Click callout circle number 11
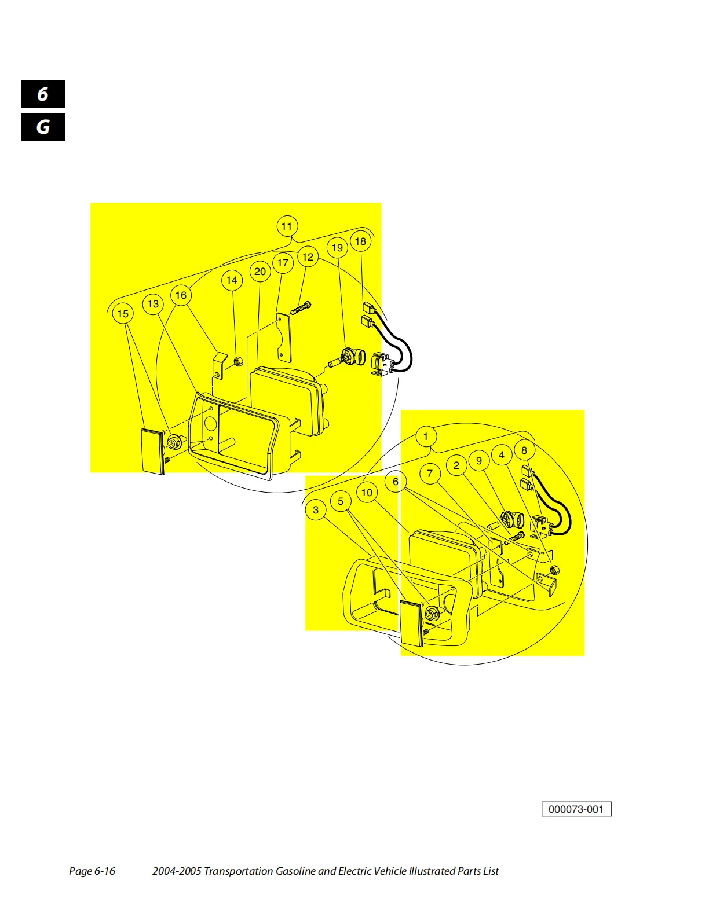click(287, 226)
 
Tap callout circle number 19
click(337, 248)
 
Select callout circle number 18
click(361, 241)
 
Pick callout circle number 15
click(123, 314)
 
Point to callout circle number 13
click(154, 304)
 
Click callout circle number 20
click(260, 272)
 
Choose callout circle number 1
click(426, 437)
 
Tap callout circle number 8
click(524, 450)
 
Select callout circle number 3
click(316, 510)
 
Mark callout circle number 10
click(367, 493)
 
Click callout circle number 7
click(430, 474)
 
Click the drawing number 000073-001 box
click(576, 809)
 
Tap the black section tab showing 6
click(43, 94)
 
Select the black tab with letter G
click(43, 127)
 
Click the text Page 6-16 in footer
click(92, 871)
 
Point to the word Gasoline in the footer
click(295, 871)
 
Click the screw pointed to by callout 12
click(301, 309)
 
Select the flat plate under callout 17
click(284, 337)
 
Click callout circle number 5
click(341, 501)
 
